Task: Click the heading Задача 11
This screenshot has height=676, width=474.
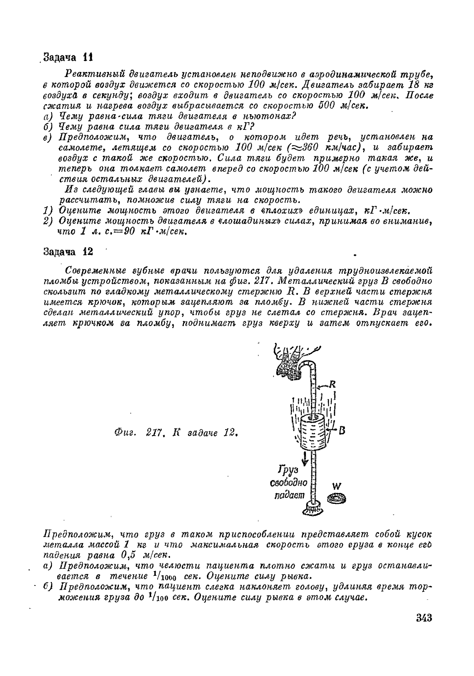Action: pyautogui.click(x=68, y=58)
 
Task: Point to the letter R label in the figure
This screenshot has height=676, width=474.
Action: pyautogui.click(x=332, y=384)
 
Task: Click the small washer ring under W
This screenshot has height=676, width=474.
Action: pyautogui.click(x=337, y=498)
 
